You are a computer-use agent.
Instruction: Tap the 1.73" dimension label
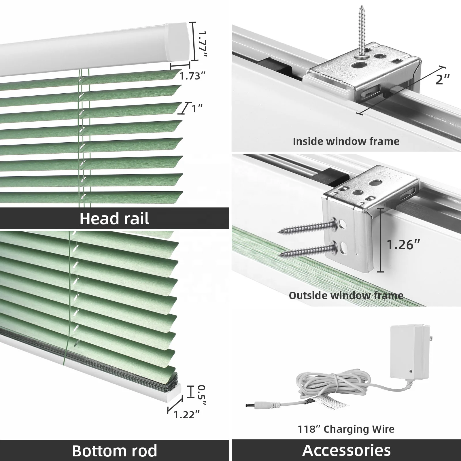tap(192, 76)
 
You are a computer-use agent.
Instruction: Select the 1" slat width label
tap(197, 109)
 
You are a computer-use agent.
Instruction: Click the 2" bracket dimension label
tap(442, 79)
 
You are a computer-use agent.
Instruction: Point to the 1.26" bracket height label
tap(403, 245)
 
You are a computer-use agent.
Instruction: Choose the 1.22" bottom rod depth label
tap(186, 415)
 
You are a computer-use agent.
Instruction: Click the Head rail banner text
tap(114, 219)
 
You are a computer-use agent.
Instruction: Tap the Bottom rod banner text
tap(114, 451)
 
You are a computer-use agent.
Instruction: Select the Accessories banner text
tap(346, 450)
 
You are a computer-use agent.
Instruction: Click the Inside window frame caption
tap(346, 141)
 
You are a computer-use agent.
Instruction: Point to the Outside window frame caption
tap(346, 296)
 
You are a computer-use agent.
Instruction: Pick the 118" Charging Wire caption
tap(346, 429)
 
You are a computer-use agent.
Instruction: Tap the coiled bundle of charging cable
tap(326, 386)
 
